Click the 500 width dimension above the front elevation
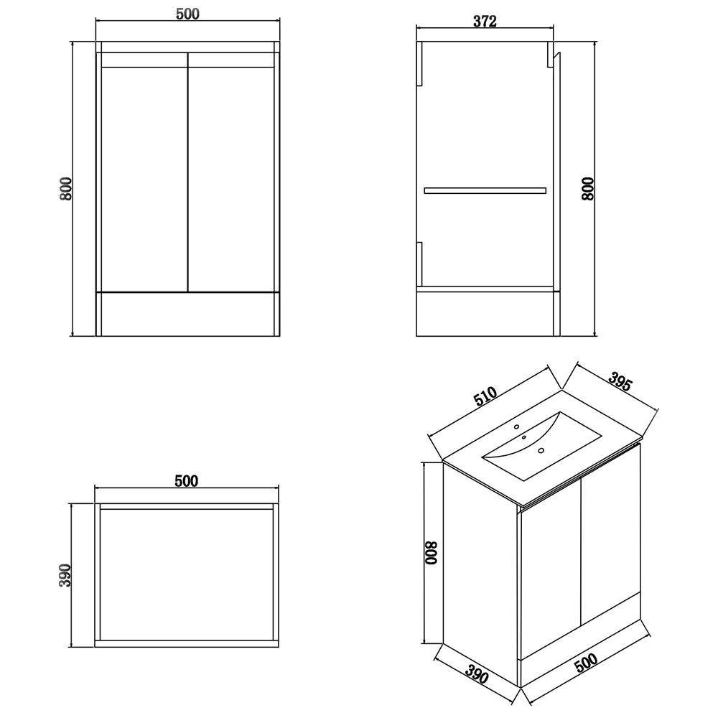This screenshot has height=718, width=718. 186,14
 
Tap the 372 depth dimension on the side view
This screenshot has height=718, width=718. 485,21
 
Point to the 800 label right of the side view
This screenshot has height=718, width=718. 588,188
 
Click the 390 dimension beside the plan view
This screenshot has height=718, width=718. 65,574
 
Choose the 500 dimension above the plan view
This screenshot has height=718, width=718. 186,481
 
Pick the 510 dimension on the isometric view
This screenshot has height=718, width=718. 486,397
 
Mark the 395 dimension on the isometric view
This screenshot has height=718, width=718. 620,382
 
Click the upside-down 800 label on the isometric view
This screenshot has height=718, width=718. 430,554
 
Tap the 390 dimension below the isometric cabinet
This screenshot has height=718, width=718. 476,675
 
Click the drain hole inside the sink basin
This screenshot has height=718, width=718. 541,451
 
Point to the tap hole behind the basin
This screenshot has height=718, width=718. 516,427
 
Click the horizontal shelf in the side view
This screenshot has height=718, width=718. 485,190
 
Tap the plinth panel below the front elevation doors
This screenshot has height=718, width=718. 187,314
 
